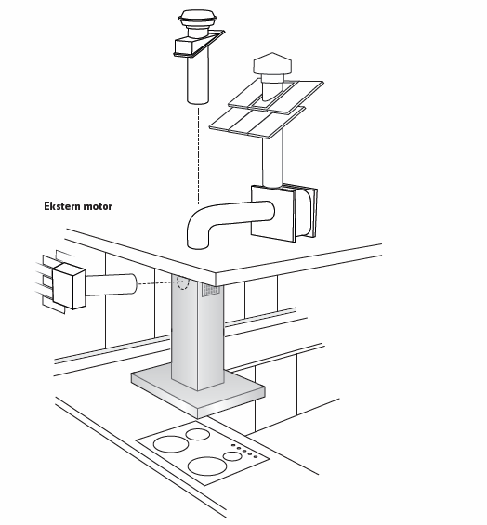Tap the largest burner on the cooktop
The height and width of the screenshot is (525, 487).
click(x=207, y=466)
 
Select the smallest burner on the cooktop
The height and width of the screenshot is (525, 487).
click(x=232, y=456)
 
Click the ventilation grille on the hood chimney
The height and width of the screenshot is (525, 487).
click(x=211, y=290)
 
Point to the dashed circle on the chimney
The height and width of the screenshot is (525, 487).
click(x=183, y=282)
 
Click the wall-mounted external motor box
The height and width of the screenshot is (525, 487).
click(x=69, y=285)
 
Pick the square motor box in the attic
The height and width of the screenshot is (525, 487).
click(x=284, y=213)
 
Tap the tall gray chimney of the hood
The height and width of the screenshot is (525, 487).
click(x=198, y=332)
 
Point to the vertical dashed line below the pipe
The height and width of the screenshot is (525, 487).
click(x=198, y=154)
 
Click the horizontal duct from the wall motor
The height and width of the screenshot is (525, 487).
click(x=112, y=284)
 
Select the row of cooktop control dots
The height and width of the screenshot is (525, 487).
click(x=244, y=451)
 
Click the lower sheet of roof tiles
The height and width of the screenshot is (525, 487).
click(x=257, y=123)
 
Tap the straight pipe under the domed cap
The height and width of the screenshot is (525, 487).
click(x=198, y=79)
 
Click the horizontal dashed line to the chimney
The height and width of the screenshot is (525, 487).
click(x=158, y=283)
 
